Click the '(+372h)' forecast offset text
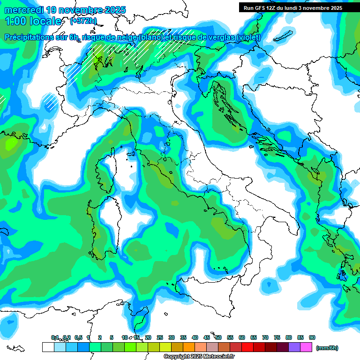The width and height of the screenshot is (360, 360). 83,21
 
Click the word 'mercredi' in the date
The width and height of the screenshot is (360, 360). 24,9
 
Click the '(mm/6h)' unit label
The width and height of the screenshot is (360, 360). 327,348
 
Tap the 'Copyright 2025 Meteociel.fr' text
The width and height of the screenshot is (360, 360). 199,357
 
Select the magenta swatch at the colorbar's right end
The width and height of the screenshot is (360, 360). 307,347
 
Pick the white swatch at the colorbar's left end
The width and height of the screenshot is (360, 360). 48,347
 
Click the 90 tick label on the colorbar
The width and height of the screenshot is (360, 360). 312,337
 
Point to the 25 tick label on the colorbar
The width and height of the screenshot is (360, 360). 160,337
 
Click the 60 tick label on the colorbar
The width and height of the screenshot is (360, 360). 242,337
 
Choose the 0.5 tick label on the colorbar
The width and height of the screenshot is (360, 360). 78,337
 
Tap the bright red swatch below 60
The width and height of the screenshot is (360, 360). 247,347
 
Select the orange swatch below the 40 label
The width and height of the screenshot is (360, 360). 201,347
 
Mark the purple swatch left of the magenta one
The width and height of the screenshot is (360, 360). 295,347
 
